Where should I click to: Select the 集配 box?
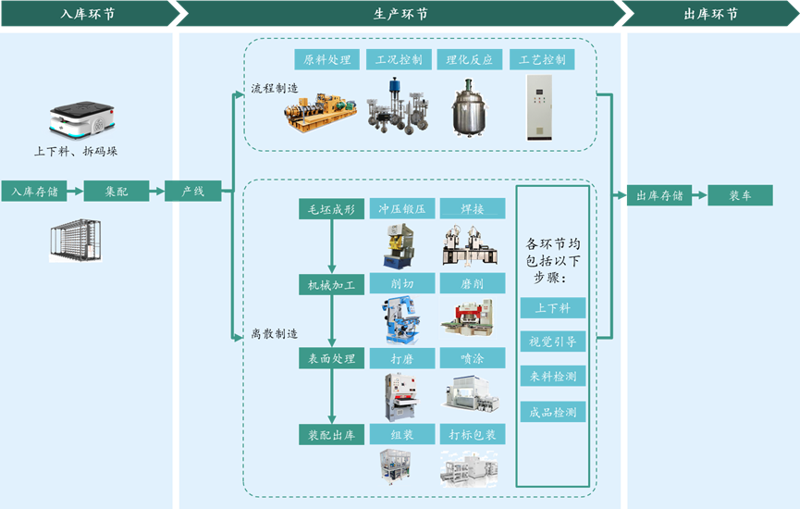(116, 192)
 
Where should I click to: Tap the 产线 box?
(192, 192)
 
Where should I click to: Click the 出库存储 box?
(658, 195)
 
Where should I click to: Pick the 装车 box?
(740, 195)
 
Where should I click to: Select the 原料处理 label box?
(327, 60)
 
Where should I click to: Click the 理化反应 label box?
(469, 60)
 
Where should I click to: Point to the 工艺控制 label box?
(542, 60)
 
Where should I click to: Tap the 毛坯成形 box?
(331, 209)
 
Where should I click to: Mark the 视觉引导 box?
(553, 341)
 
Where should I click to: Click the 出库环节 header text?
(710, 14)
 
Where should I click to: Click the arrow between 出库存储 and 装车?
(699, 195)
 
